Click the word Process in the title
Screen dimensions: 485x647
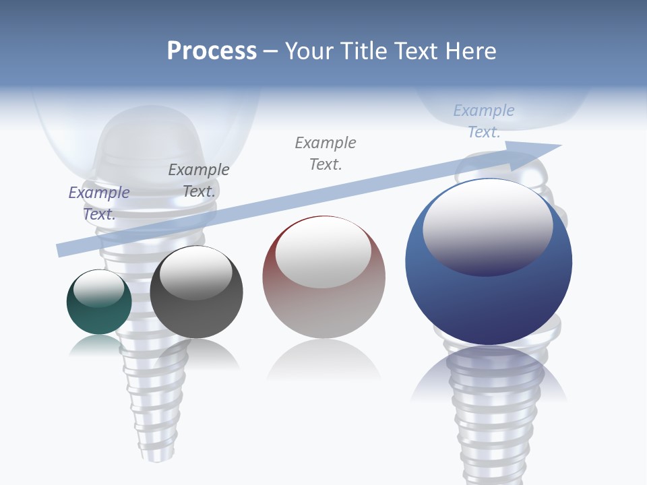click(212, 51)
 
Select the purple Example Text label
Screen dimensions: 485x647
click(99, 203)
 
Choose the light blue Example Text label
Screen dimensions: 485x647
click(484, 121)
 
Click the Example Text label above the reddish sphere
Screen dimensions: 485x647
click(326, 153)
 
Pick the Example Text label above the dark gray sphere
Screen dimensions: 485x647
click(199, 180)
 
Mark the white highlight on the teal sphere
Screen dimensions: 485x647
click(99, 288)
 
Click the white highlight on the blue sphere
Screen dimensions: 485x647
click(488, 226)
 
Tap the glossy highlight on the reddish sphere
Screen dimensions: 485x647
click(323, 251)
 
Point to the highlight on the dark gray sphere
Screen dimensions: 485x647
click(196, 273)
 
